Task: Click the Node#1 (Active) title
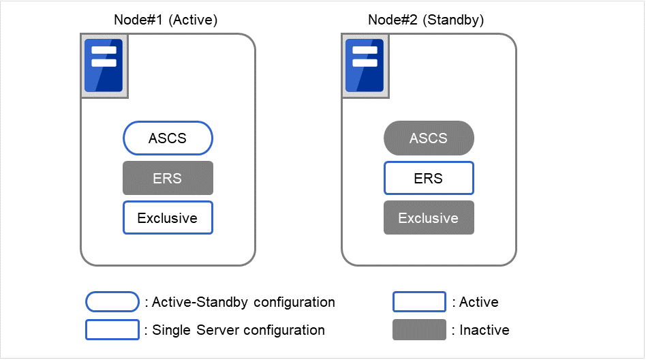[x=165, y=20]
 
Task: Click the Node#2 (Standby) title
[x=426, y=20]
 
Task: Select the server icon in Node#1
[x=104, y=65]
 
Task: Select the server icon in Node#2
[x=365, y=65]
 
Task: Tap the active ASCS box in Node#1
[x=168, y=138]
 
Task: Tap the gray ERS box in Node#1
[x=168, y=179]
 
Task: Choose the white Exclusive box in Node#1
[x=168, y=218]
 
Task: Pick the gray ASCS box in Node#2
[x=429, y=138]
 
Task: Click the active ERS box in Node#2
[x=429, y=179]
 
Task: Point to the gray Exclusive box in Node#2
[x=429, y=218]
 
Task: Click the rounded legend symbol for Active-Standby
[x=112, y=302]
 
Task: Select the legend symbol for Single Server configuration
[x=112, y=330]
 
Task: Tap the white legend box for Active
[x=419, y=302]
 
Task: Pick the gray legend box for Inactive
[x=419, y=330]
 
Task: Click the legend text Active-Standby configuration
[x=243, y=302]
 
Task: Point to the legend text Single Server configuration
[x=238, y=330]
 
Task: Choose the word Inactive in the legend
[x=484, y=330]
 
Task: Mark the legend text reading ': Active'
[x=476, y=302]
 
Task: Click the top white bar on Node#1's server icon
[x=104, y=50]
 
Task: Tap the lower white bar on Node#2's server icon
[x=365, y=63]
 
